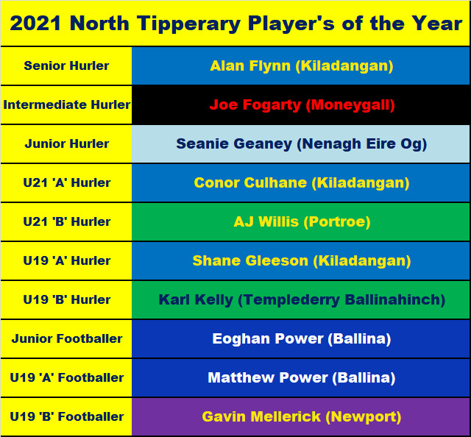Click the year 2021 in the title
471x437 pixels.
tap(35, 24)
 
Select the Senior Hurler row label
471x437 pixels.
tap(66, 65)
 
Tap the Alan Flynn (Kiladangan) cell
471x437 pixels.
tap(301, 65)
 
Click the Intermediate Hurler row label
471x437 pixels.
tap(66, 104)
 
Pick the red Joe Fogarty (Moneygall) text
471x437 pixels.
tap(302, 104)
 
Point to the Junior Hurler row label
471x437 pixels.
tap(66, 143)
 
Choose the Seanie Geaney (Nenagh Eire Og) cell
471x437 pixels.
tap(301, 144)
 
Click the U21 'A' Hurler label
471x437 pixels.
tap(67, 182)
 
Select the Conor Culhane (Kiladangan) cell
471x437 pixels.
tap(301, 182)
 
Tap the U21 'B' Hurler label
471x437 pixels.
tap(67, 221)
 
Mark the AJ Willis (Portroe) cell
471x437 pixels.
tap(301, 221)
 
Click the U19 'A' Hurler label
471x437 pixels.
tap(67, 260)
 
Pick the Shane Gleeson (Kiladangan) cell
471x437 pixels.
tap(301, 260)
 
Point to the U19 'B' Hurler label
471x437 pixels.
tap(67, 299)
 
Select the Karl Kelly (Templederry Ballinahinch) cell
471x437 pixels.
tap(301, 299)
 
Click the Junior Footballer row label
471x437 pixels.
tap(67, 339)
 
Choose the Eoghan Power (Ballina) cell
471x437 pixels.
tap(301, 339)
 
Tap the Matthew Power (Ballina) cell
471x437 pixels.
tap(301, 377)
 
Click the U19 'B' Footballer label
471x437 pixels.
tap(67, 416)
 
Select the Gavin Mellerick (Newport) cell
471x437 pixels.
tap(301, 416)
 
